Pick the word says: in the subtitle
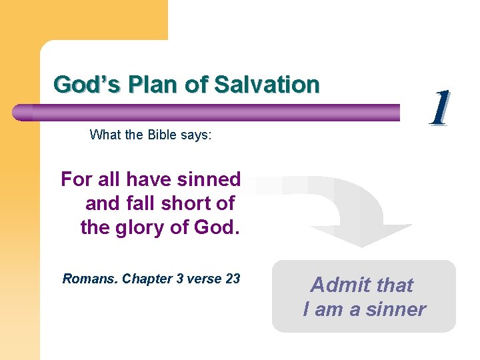pyautogui.click(x=195, y=135)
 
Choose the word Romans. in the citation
pyautogui.click(x=90, y=279)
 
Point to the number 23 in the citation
pyautogui.click(x=233, y=279)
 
